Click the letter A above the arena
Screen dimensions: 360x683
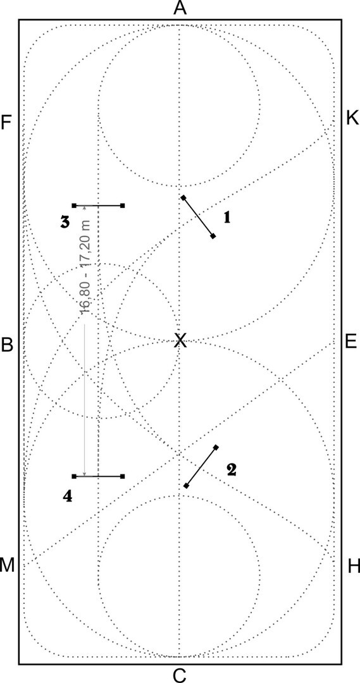coord(180,8)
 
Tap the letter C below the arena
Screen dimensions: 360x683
coord(180,675)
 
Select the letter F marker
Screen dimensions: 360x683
coord(6,123)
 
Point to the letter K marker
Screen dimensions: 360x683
coord(352,118)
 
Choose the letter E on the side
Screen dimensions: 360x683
coord(351,341)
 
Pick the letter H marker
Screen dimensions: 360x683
coord(354,567)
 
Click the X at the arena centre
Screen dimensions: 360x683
coord(180,340)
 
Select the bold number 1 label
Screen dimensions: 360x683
coord(227,218)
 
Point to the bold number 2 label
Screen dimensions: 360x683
coord(231,469)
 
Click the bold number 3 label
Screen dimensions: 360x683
coord(65,222)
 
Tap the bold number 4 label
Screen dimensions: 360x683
coord(68,496)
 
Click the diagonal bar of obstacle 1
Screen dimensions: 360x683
coord(198,217)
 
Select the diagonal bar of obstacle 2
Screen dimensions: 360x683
coord(201,467)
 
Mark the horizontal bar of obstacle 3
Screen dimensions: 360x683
coord(99,205)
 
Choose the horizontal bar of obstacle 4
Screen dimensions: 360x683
coord(99,477)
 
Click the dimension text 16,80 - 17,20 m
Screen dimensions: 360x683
coord(86,267)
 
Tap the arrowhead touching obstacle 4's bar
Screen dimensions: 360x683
coord(85,474)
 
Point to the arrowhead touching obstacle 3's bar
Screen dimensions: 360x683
coord(85,208)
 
